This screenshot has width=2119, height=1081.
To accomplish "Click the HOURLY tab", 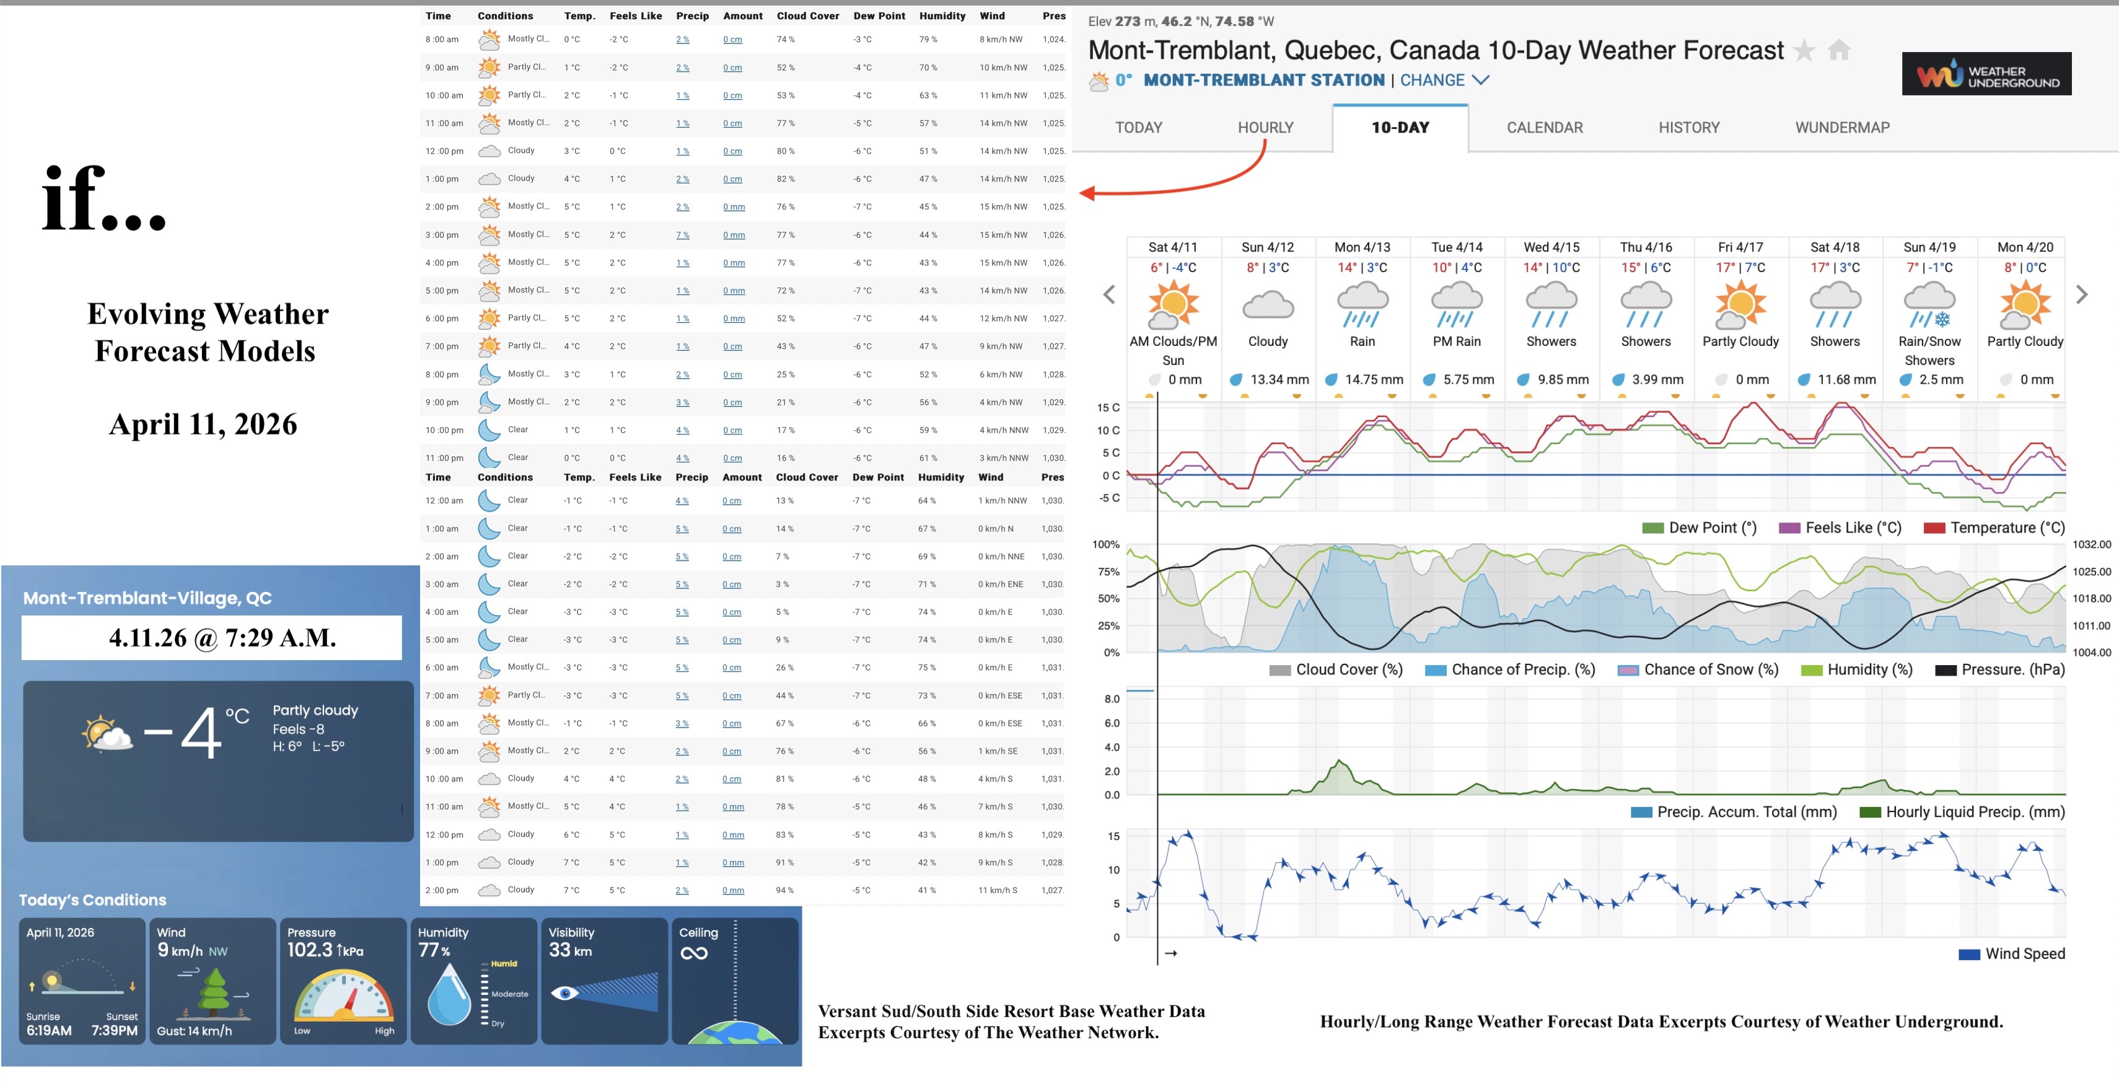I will pos(1265,128).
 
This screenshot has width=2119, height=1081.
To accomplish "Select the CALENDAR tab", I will pos(1544,128).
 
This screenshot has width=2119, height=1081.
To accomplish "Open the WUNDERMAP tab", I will pos(1842,128).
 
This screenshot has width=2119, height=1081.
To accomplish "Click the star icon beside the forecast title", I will pos(1804,51).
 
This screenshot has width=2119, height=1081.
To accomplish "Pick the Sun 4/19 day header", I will pos(1929,247).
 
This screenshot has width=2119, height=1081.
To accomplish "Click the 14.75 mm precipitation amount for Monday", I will pos(1373,379).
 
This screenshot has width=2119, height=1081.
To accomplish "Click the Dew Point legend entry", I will pos(1700,528).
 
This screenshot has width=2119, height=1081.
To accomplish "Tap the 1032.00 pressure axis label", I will pos(2091,545).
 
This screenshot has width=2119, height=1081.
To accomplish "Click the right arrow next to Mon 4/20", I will pos(2081,294).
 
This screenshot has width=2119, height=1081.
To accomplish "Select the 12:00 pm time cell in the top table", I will pos(444,151).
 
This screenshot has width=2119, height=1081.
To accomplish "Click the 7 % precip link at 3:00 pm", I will pos(682,236).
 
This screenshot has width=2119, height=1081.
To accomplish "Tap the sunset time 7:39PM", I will pos(115,1030).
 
